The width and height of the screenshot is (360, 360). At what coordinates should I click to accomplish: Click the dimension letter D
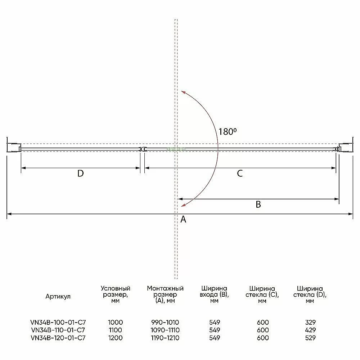(81, 174)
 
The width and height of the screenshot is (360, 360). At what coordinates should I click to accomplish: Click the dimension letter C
(240, 174)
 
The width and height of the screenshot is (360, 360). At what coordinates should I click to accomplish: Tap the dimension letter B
(258, 204)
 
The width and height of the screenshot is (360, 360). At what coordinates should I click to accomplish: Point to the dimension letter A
(183, 219)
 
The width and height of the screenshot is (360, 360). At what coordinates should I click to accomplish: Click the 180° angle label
(227, 131)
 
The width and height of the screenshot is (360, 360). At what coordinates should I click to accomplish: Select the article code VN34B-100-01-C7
(58, 322)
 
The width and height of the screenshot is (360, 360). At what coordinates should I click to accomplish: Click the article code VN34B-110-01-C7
(58, 330)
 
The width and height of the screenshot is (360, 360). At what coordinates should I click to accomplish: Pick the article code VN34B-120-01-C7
(58, 338)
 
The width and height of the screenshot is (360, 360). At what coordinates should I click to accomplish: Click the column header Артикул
(58, 296)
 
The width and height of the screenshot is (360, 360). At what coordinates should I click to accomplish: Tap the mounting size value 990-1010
(165, 322)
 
